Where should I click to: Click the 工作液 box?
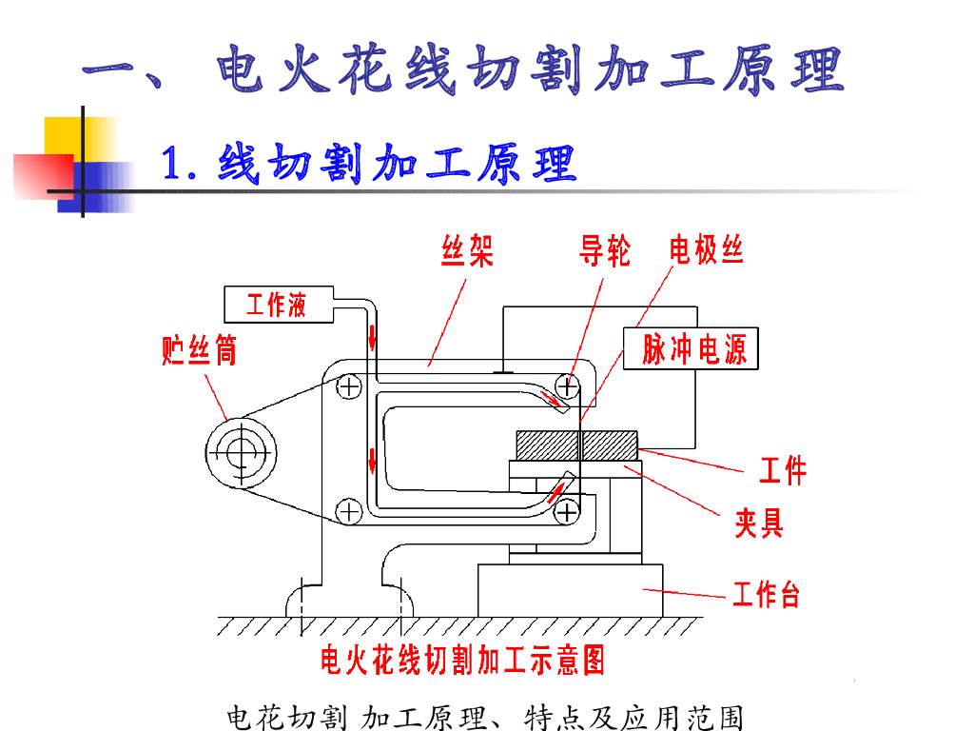(x=278, y=305)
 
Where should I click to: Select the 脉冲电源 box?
(x=693, y=349)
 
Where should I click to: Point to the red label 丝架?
(x=467, y=251)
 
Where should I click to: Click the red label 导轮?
(x=605, y=251)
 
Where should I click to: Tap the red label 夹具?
(x=758, y=522)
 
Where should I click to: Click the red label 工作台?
(x=766, y=595)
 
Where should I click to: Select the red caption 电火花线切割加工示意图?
(x=462, y=659)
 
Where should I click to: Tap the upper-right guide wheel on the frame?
(x=569, y=386)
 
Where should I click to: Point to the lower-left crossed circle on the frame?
(x=349, y=511)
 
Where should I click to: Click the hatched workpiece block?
(x=575, y=445)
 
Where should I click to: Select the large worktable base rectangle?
(x=571, y=590)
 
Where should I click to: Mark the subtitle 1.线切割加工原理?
(x=369, y=164)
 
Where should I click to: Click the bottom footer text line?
(x=485, y=717)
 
